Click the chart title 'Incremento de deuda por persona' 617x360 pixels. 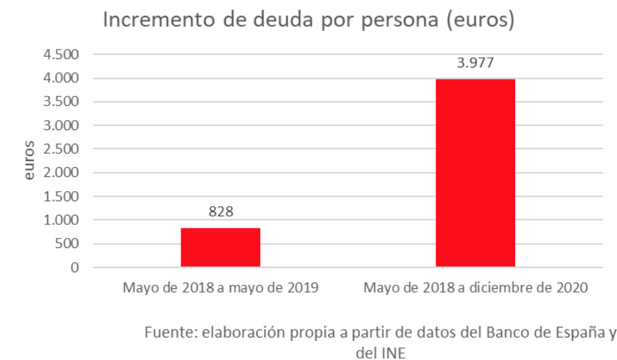308,21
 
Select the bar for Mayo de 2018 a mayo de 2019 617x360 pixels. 221,247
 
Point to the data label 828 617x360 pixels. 221,212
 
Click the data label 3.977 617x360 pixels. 475,63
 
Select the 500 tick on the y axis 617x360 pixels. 67,244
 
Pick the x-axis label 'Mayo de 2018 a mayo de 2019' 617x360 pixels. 221,288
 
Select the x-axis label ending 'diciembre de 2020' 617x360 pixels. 475,288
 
